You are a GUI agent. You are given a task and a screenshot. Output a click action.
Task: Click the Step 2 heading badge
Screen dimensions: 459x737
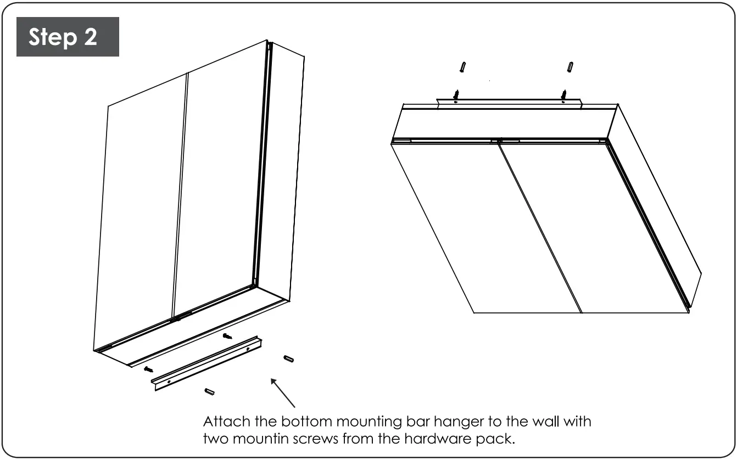[x=68, y=37]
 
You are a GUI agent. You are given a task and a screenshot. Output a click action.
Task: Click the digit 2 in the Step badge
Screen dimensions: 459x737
[x=90, y=37]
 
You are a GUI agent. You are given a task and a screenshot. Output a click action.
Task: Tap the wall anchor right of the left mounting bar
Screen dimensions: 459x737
[x=288, y=359]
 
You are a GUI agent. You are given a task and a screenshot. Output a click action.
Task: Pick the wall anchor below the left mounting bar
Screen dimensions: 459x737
[x=209, y=391]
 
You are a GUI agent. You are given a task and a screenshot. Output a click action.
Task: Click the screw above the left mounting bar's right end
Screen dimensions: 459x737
[x=228, y=336]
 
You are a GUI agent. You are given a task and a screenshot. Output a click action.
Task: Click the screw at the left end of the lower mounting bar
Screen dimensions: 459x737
[x=148, y=370]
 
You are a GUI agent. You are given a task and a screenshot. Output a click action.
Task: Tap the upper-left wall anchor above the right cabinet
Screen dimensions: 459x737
[x=464, y=67]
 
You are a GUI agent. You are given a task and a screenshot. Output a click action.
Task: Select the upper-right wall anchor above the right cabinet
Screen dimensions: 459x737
[x=571, y=67]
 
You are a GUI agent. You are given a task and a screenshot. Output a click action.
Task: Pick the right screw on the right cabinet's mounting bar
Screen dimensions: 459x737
[x=563, y=96]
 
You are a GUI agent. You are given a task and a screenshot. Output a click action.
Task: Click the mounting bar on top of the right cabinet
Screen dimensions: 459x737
[x=508, y=104]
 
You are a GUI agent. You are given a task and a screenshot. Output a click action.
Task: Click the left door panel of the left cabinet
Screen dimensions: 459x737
[x=140, y=220]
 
